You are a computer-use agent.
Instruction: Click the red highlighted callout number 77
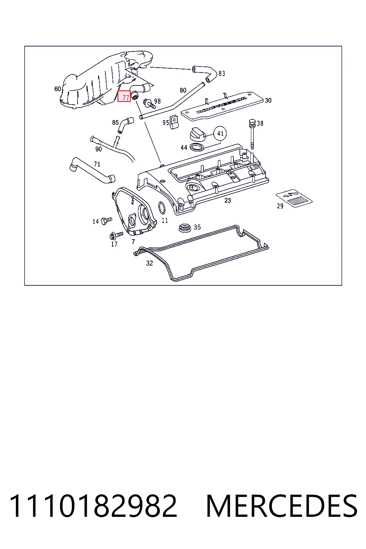[124, 96]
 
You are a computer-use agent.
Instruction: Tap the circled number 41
[220, 133]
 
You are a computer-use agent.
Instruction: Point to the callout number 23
[228, 201]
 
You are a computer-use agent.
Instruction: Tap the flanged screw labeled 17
[116, 236]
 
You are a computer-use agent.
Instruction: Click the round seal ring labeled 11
[162, 208]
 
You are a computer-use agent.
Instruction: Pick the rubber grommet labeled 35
[184, 228]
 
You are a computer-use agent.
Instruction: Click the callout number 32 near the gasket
[149, 263]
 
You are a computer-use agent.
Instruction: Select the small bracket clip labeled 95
[174, 122]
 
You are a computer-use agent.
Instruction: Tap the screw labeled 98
[149, 104]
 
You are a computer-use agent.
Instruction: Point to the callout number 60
[58, 89]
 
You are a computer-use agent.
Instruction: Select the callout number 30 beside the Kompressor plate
[268, 100]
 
